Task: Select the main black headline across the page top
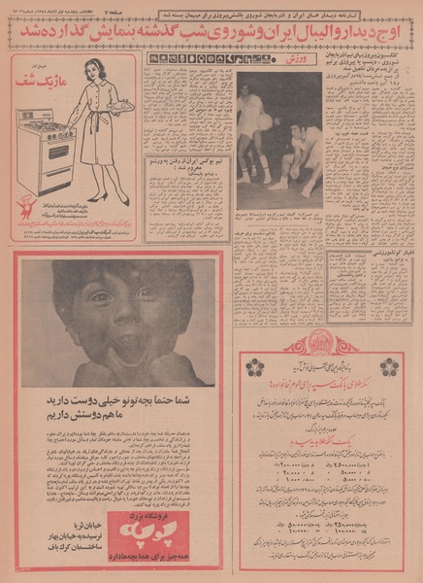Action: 211,32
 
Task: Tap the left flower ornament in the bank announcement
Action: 255,365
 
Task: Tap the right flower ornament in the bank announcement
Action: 389,365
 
